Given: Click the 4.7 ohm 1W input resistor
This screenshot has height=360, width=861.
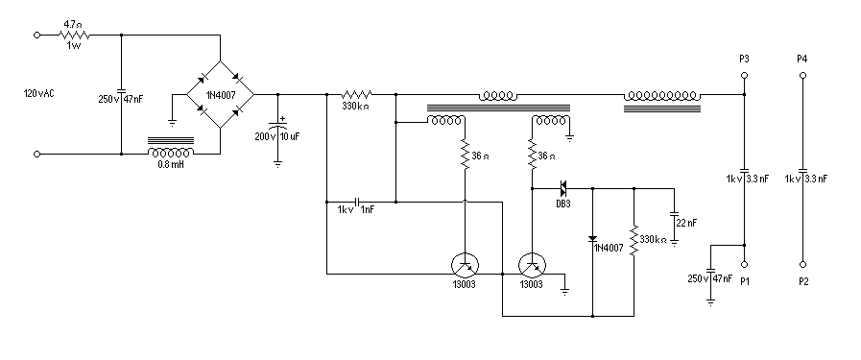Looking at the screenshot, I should pos(72,34).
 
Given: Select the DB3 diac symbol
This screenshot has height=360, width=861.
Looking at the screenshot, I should pos(562,188).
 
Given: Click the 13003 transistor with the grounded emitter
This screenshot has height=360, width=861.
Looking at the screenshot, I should pos(531,264).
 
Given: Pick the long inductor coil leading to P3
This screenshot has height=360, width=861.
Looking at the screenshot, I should pos(663,95).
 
